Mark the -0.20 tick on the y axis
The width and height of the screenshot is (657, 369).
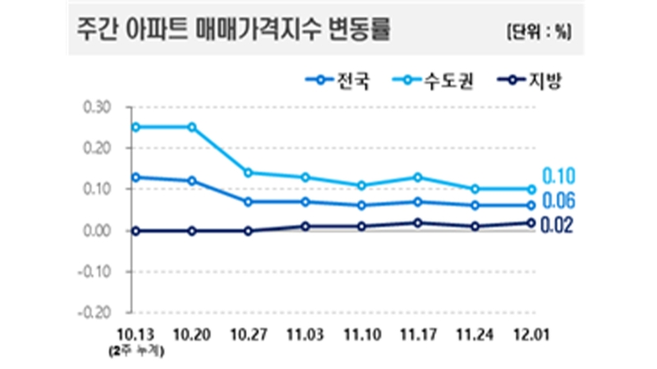(95, 312)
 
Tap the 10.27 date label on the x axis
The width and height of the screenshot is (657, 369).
(249, 337)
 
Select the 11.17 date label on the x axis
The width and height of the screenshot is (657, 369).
(418, 337)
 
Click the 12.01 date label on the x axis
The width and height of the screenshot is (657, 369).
(531, 337)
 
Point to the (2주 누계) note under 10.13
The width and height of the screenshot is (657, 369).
(136, 353)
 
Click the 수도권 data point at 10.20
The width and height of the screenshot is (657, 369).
(192, 127)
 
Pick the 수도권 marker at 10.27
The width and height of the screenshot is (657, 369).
(249, 172)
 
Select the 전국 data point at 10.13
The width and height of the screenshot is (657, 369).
(136, 177)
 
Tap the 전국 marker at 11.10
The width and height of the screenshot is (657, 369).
(362, 205)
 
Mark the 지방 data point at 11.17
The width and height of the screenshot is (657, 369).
(418, 222)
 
